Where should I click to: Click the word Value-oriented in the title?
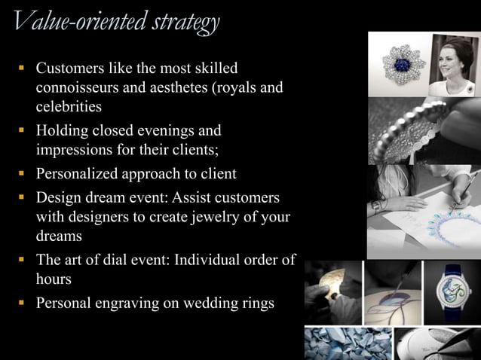pyautogui.click(x=66, y=23)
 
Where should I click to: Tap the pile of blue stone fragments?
pyautogui.click(x=343, y=343)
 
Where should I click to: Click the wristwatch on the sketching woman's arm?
pyautogui.click(x=376, y=206)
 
